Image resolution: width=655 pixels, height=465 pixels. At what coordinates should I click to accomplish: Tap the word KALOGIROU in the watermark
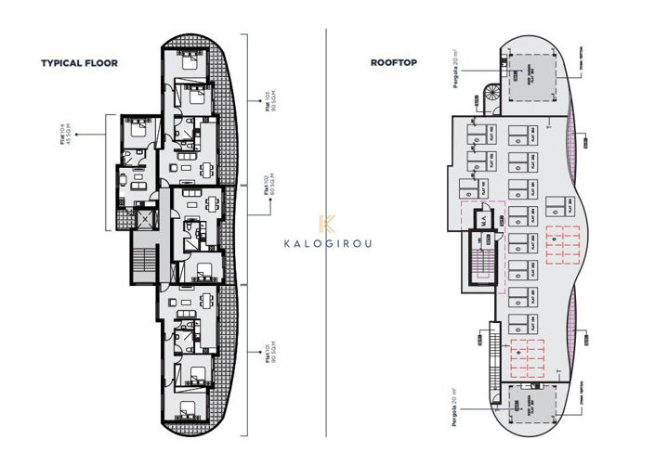tap(327, 244)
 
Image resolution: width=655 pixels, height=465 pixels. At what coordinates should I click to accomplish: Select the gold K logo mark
tap(327, 223)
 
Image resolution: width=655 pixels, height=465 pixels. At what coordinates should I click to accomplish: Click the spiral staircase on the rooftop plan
tap(490, 92)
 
